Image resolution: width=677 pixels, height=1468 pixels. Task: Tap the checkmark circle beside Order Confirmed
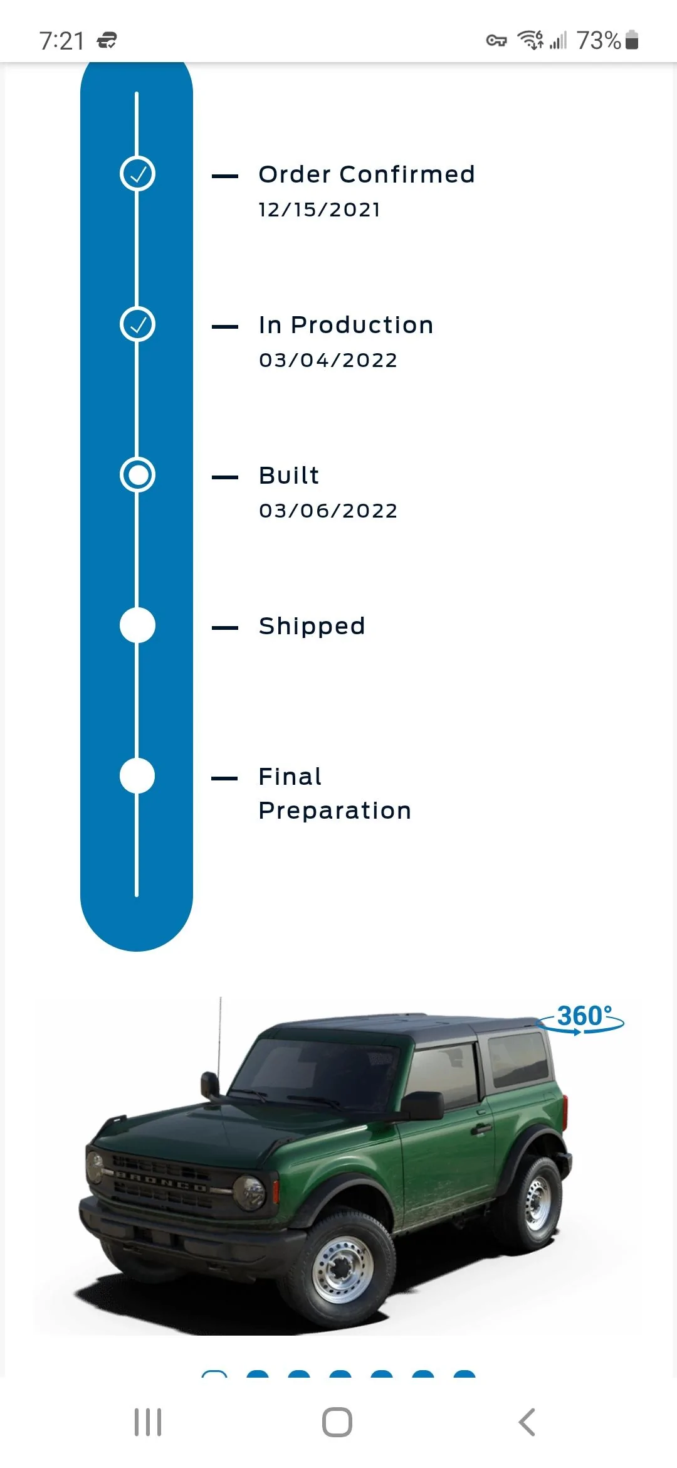pyautogui.click(x=137, y=174)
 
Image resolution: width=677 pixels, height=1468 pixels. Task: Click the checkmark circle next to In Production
pyautogui.click(x=137, y=324)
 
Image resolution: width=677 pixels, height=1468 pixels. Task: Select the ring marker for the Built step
pyautogui.click(x=137, y=475)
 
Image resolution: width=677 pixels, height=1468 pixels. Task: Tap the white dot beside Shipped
pyautogui.click(x=137, y=625)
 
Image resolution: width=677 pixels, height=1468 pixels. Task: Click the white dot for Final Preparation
pyautogui.click(x=137, y=776)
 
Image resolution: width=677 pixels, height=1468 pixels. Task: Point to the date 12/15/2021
pyautogui.click(x=320, y=210)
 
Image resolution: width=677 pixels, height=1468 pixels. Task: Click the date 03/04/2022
pyautogui.click(x=328, y=360)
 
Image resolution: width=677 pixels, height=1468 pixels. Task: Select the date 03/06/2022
pyautogui.click(x=328, y=511)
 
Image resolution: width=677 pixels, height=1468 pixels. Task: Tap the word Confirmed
pyautogui.click(x=407, y=174)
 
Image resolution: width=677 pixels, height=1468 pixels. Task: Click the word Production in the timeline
pyautogui.click(x=362, y=325)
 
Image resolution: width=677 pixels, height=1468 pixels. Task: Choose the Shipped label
pyautogui.click(x=312, y=627)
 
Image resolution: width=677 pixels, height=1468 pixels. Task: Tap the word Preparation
pyautogui.click(x=335, y=811)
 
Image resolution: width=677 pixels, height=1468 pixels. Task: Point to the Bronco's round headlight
pyautogui.click(x=249, y=1192)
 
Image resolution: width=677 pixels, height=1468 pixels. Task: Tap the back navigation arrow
pyautogui.click(x=527, y=1422)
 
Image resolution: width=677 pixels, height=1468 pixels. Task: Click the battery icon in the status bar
pyautogui.click(x=632, y=40)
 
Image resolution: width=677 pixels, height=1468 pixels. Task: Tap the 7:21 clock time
pyautogui.click(x=61, y=41)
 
